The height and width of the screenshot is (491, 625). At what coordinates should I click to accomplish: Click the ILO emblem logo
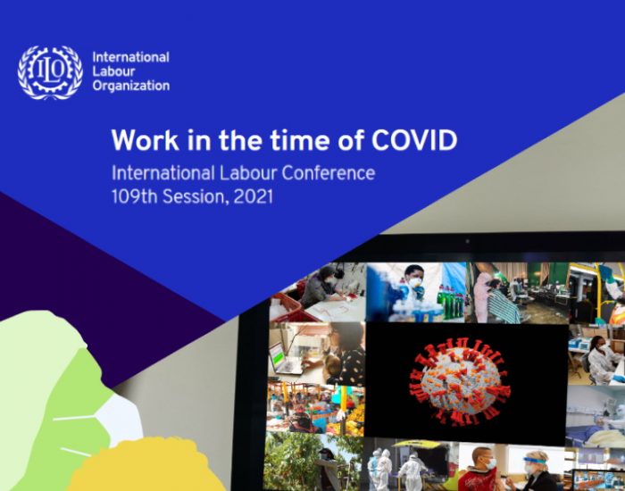pos(50,72)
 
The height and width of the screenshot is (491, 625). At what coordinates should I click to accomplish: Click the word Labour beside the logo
pos(114,71)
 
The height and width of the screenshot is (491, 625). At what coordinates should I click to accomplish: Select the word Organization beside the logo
pos(131,87)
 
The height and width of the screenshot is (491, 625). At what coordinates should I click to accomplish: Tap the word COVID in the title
pos(414,140)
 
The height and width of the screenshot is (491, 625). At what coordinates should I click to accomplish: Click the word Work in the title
pos(145,140)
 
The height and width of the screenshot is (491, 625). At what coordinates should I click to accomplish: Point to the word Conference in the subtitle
pos(329,173)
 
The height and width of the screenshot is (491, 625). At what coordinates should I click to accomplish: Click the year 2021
pos(254,196)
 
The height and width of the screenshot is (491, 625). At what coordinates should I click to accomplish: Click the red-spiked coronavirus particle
pos(462,381)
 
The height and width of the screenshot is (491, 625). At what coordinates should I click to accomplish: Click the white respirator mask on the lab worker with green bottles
pos(415,282)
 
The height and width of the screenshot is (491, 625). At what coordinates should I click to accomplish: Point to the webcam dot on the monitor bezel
pos(467,241)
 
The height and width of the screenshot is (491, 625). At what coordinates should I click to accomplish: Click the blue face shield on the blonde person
pos(535,462)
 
